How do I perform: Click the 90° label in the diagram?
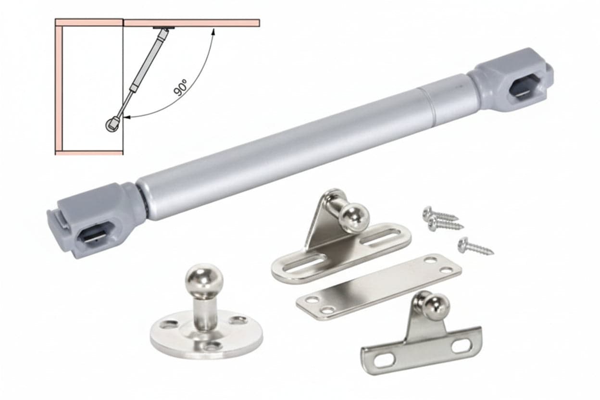point(181,87)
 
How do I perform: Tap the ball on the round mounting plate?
point(204,278)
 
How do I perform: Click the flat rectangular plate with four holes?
point(379,287)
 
